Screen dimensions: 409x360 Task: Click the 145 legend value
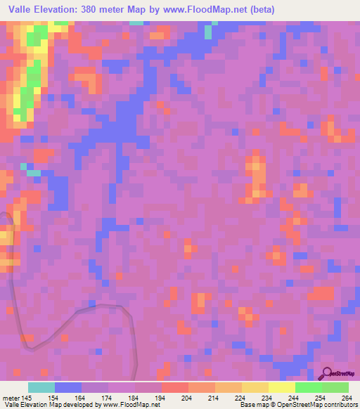click(x=27, y=397)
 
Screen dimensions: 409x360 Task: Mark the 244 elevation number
click(x=295, y=397)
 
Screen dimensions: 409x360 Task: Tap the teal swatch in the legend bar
click(x=41, y=387)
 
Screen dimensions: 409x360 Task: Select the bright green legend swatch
click(x=308, y=387)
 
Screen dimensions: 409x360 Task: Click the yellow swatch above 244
click(x=281, y=387)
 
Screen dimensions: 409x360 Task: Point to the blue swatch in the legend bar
click(x=68, y=387)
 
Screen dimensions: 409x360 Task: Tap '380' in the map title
click(x=99, y=10)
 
